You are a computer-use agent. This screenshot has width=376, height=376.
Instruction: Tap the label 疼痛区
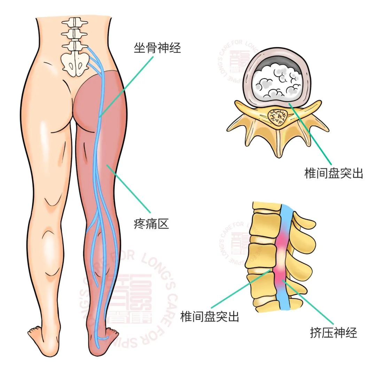tap(151, 224)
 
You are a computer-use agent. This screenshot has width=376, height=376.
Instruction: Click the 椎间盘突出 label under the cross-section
tap(334, 173)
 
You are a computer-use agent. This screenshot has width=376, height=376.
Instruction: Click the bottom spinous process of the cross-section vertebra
tap(277, 146)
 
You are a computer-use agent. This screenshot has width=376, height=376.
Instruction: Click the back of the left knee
tap(52, 202)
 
